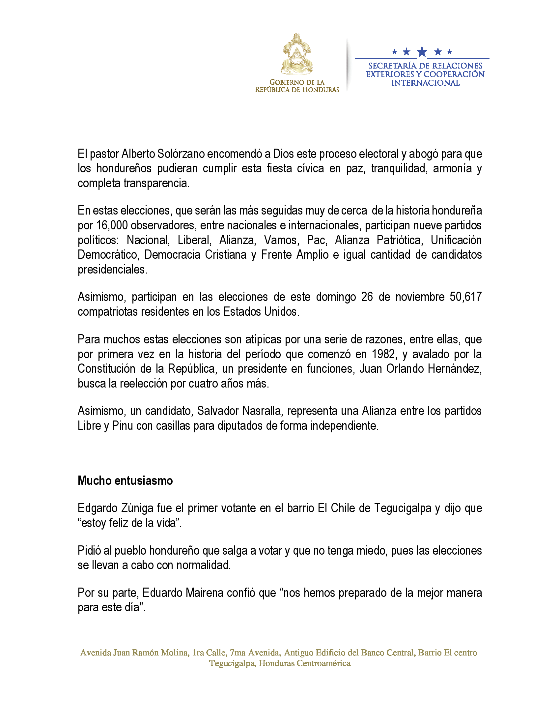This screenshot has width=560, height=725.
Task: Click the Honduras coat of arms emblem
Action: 297,54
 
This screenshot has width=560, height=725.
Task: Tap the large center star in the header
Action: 422,51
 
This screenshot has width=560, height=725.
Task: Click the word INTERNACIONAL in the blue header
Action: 425,83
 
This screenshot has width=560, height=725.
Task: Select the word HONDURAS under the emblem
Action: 320,90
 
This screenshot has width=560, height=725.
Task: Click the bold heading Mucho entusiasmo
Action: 125,481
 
